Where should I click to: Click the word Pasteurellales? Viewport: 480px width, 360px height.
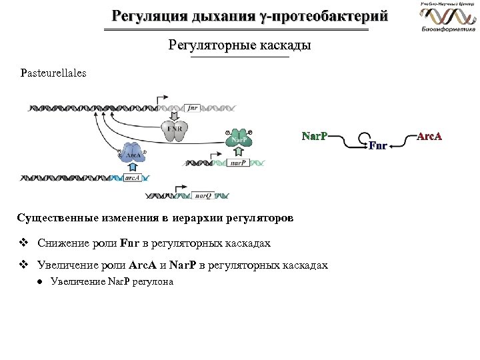53,73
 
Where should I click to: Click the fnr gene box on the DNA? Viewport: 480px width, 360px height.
192,107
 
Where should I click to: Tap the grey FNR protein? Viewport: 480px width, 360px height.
175,131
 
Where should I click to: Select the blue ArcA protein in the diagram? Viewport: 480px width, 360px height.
133,154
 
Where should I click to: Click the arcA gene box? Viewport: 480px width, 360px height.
133,178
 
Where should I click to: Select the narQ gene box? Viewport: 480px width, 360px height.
203,196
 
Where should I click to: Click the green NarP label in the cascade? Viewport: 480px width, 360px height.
314,137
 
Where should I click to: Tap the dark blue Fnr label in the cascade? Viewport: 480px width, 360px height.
377,146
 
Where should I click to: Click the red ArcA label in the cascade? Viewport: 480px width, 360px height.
429,137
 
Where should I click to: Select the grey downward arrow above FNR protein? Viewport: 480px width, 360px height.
174,115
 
